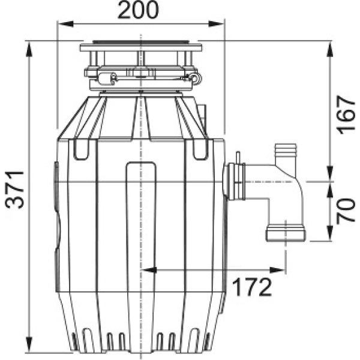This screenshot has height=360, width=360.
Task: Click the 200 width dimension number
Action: (138, 10)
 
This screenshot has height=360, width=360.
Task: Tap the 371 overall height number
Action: (15, 190)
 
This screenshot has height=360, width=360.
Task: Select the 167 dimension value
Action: (346, 115)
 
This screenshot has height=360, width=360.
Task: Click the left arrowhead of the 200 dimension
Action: (65, 23)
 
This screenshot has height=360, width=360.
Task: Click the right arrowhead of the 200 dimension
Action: (217, 23)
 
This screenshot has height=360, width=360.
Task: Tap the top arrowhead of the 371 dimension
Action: (29, 49)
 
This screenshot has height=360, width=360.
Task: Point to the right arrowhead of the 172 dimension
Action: (278, 270)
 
